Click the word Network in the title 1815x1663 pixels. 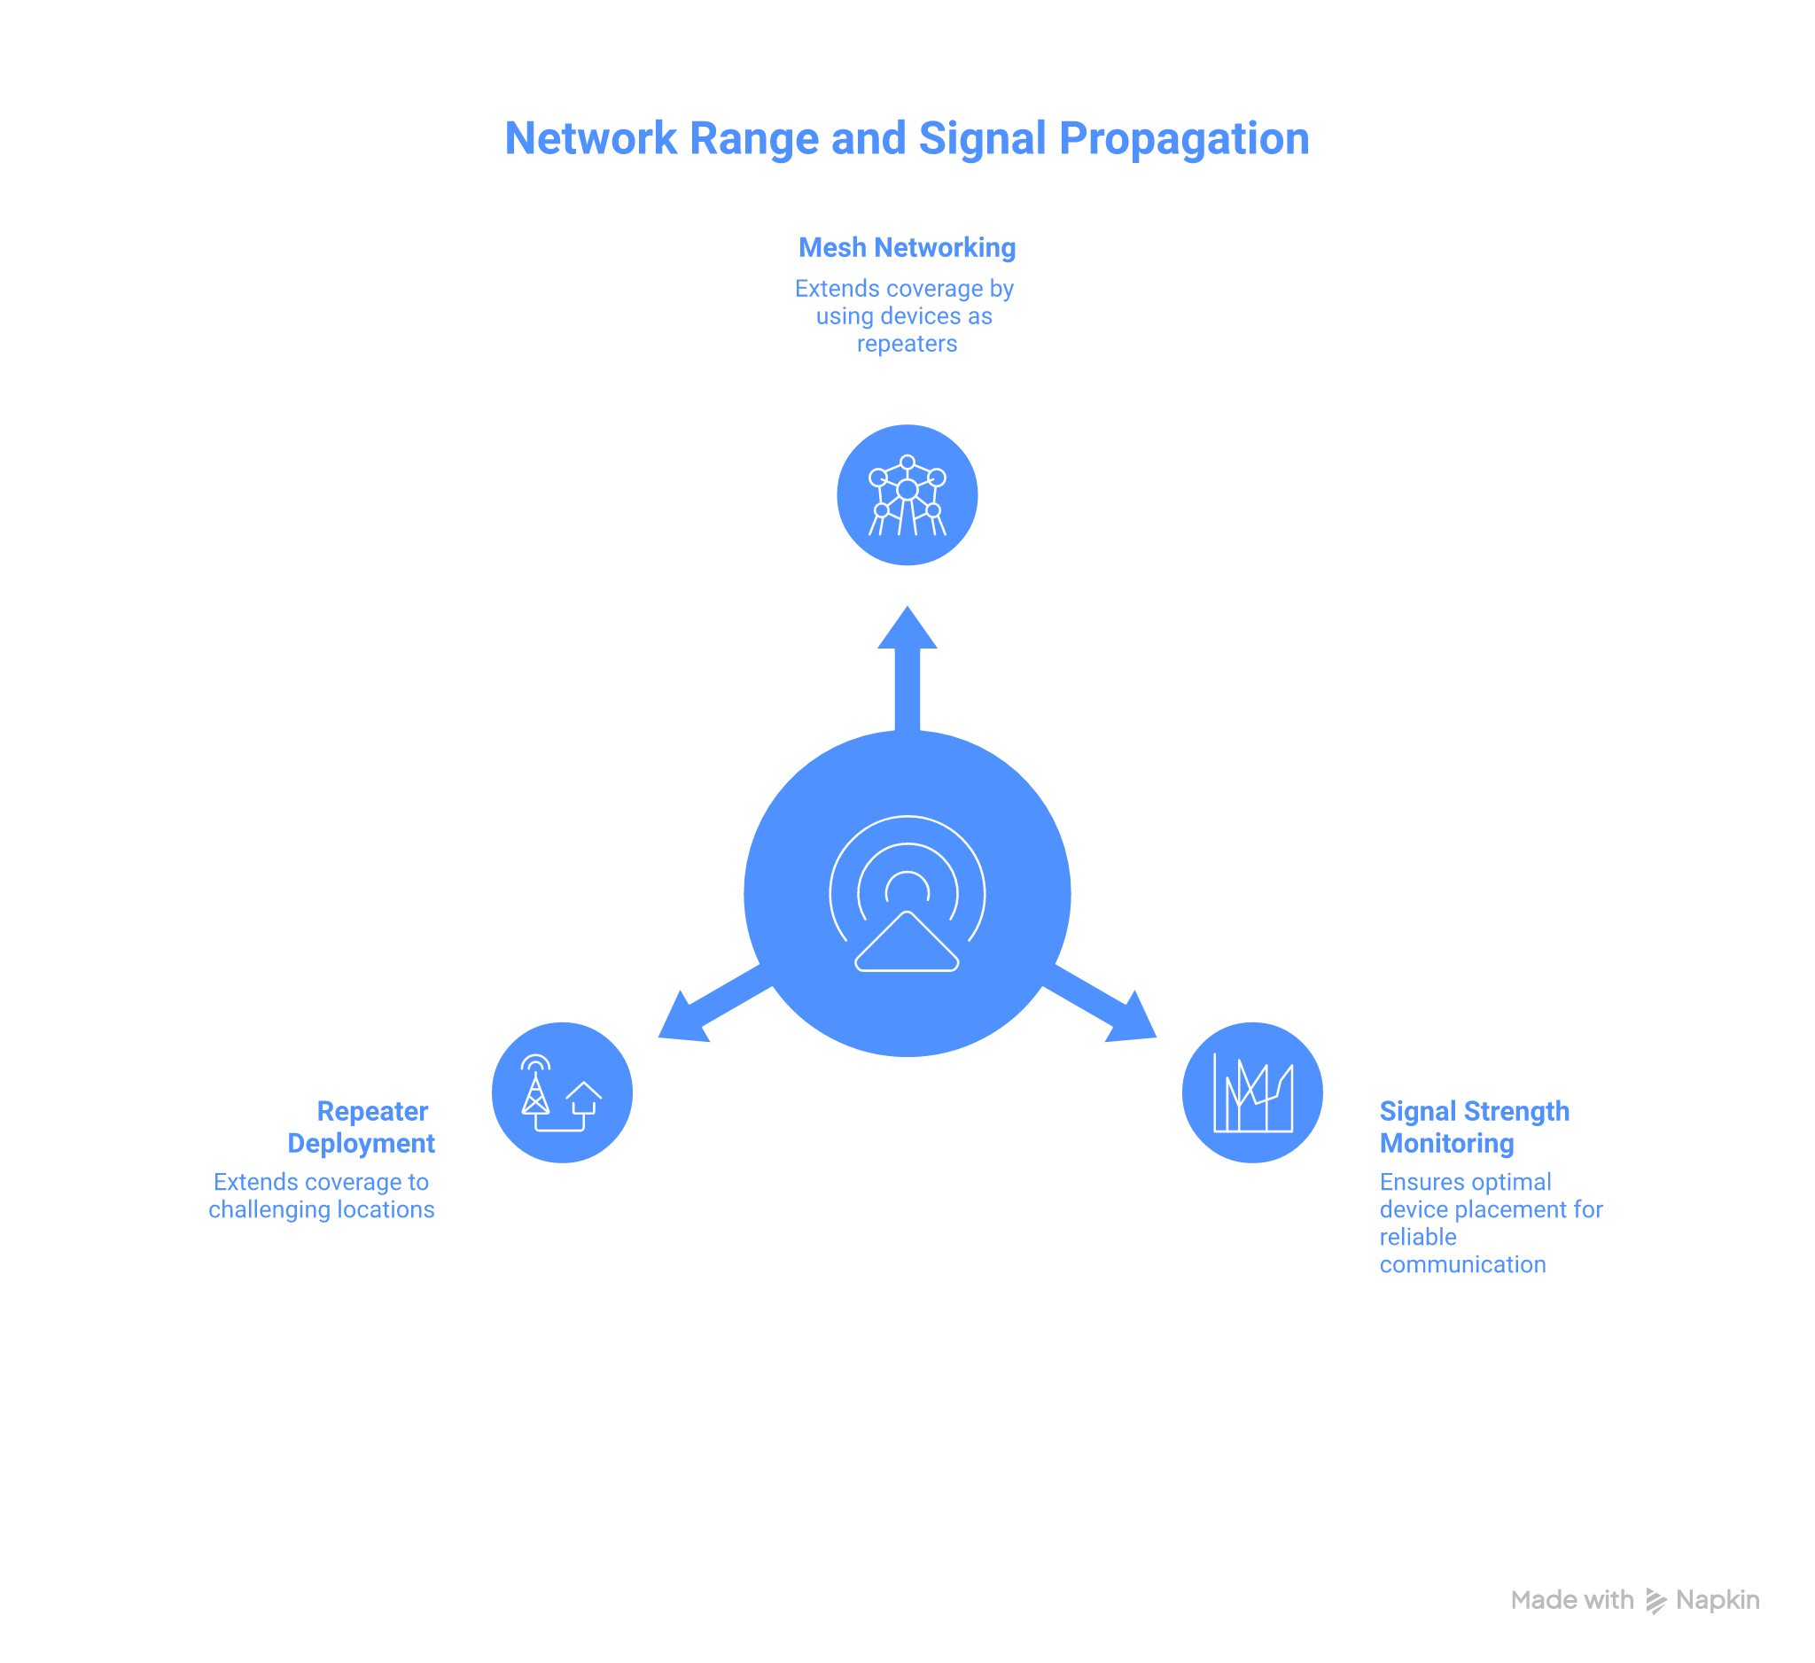click(590, 139)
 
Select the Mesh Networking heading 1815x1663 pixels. click(907, 247)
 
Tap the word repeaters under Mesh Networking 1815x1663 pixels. click(907, 344)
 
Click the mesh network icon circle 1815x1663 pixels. click(907, 495)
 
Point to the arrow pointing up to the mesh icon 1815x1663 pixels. click(907, 666)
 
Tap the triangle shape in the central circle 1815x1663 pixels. click(907, 944)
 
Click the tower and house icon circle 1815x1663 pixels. click(562, 1092)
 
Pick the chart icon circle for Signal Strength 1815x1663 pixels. click(1251, 1092)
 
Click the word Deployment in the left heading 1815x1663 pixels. click(361, 1143)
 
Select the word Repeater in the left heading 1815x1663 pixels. click(372, 1111)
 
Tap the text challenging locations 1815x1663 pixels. click(322, 1209)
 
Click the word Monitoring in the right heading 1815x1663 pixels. click(1447, 1143)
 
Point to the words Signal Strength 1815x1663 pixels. click(1474, 1111)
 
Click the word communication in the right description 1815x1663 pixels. click(1463, 1264)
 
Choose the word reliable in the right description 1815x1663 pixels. click(1418, 1238)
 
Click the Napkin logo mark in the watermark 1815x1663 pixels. click(1655, 1601)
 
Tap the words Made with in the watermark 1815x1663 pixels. click(1571, 1600)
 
